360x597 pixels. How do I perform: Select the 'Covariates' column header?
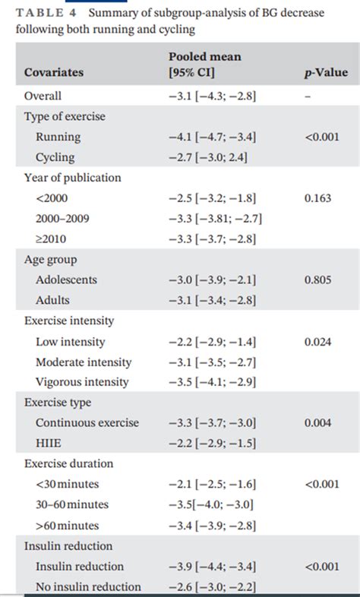[x=54, y=73]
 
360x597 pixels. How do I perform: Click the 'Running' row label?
[x=58, y=137]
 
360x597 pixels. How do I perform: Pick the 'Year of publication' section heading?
[x=72, y=178]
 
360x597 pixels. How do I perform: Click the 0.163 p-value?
[x=319, y=198]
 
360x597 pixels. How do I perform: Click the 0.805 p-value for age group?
[x=319, y=280]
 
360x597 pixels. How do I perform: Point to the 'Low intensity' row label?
[x=71, y=342]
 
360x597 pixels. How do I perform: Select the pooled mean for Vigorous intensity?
[x=212, y=382]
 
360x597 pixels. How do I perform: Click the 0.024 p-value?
[x=319, y=342]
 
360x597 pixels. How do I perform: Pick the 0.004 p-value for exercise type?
[x=319, y=423]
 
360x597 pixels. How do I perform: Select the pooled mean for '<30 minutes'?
[x=212, y=484]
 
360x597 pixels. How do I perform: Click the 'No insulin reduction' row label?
[x=88, y=586]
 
